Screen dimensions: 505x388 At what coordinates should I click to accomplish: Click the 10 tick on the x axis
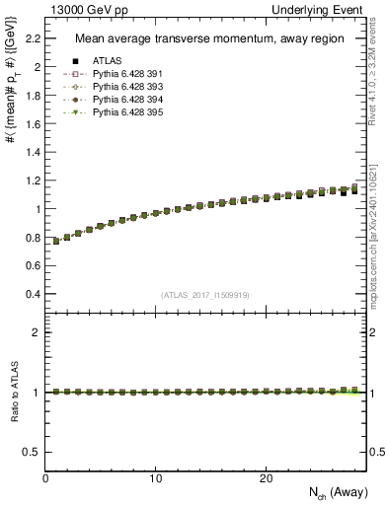click(156, 478)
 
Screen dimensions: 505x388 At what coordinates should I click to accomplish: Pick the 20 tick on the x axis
click(266, 478)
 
